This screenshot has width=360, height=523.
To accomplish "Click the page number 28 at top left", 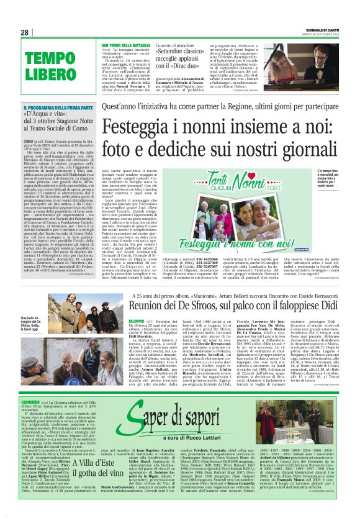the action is click(24, 32).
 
